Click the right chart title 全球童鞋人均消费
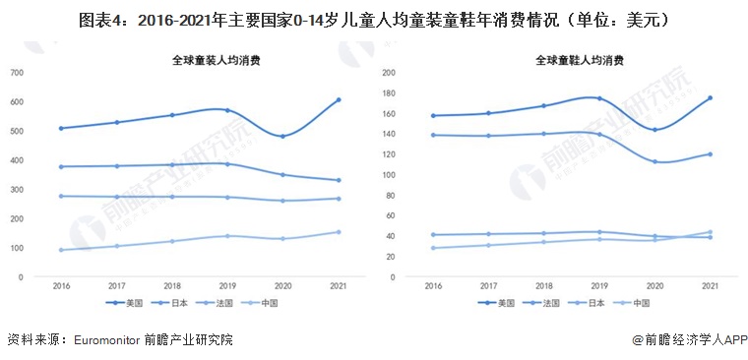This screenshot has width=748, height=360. click(x=582, y=60)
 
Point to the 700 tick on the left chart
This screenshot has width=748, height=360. click(x=17, y=73)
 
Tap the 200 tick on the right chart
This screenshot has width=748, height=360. click(x=389, y=73)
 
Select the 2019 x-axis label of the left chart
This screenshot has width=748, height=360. click(x=228, y=285)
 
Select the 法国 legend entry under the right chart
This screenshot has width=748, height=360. click(x=547, y=303)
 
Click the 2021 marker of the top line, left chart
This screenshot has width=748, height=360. click(x=339, y=100)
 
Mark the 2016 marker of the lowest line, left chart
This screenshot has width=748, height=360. click(x=61, y=250)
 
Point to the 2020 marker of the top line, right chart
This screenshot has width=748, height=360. click(x=654, y=130)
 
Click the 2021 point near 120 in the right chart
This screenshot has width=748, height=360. click(x=710, y=154)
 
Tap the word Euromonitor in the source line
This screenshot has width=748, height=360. click(x=104, y=340)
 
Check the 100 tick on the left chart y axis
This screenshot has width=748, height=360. click(x=17, y=248)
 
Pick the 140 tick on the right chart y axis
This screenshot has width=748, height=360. click(x=389, y=134)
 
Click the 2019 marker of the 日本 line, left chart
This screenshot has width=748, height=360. click(x=227, y=164)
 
